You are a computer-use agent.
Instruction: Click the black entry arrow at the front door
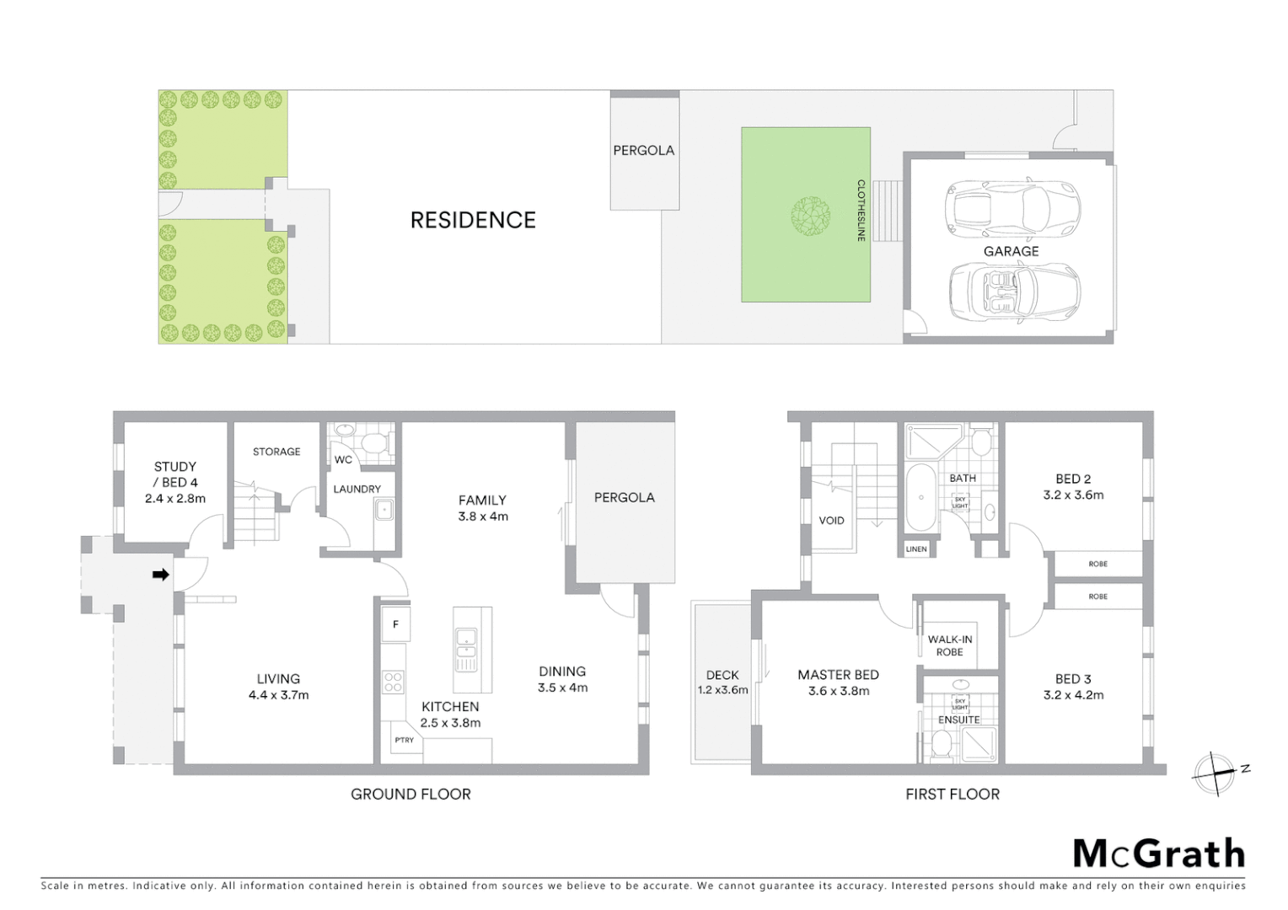tap(159, 575)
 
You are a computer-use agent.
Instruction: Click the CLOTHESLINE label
tap(861, 211)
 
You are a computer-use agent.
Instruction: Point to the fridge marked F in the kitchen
tap(394, 625)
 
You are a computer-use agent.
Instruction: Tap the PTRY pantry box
tap(404, 740)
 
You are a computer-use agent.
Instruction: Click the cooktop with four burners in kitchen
tap(394, 681)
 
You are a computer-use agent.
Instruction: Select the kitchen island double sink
tap(465, 649)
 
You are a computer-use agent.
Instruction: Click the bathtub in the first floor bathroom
tap(920, 497)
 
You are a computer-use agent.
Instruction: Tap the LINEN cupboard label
tap(916, 549)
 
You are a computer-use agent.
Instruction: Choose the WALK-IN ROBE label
tap(949, 645)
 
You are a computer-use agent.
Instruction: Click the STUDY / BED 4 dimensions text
tap(175, 498)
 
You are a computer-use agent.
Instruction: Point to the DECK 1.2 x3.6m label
tap(722, 682)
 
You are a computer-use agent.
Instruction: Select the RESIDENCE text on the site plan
tap(472, 220)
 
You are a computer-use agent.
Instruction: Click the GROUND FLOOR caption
tap(411, 794)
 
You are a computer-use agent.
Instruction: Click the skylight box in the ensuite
tap(959, 702)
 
